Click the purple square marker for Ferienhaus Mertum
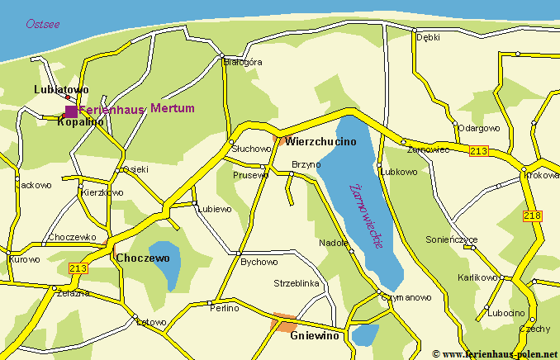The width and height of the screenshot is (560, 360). (71, 111)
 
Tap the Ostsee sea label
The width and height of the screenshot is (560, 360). (42, 24)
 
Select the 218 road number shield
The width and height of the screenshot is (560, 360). (533, 216)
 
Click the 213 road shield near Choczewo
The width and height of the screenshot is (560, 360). (79, 268)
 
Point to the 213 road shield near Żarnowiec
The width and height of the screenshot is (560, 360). (478, 150)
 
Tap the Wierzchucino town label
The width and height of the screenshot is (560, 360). (320, 141)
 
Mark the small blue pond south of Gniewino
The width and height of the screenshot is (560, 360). (364, 334)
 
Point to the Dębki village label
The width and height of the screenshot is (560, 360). (428, 37)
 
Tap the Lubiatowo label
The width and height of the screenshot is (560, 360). (61, 89)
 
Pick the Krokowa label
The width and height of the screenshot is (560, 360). (542, 175)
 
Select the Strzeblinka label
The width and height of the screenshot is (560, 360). (297, 282)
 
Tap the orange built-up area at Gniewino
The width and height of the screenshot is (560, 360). (284, 323)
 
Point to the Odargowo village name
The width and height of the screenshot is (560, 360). (479, 128)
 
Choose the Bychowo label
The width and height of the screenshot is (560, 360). (259, 262)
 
